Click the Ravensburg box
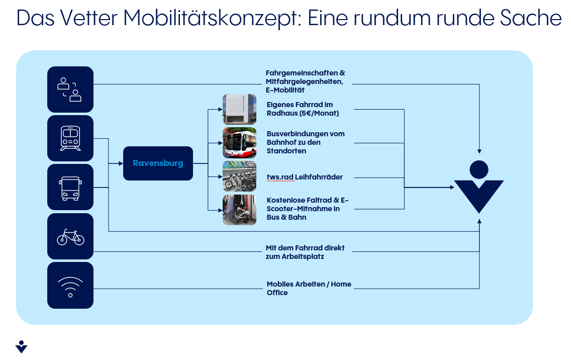[x=158, y=163]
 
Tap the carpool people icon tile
[x=70, y=89]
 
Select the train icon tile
[x=70, y=138]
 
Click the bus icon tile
[x=70, y=187]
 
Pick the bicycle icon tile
[x=70, y=236]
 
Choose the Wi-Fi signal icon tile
[x=70, y=285]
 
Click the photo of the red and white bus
[x=240, y=143]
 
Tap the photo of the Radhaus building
[x=240, y=109]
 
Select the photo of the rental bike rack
[x=240, y=176]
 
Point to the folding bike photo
[x=240, y=210]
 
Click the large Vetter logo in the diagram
[x=479, y=187]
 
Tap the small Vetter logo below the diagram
[x=22, y=347]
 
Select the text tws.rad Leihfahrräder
[x=305, y=177]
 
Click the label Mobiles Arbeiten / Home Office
[x=309, y=288]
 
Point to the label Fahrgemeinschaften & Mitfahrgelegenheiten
[x=305, y=77]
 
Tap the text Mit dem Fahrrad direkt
[x=305, y=248]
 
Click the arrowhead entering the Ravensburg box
[x=121, y=163]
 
